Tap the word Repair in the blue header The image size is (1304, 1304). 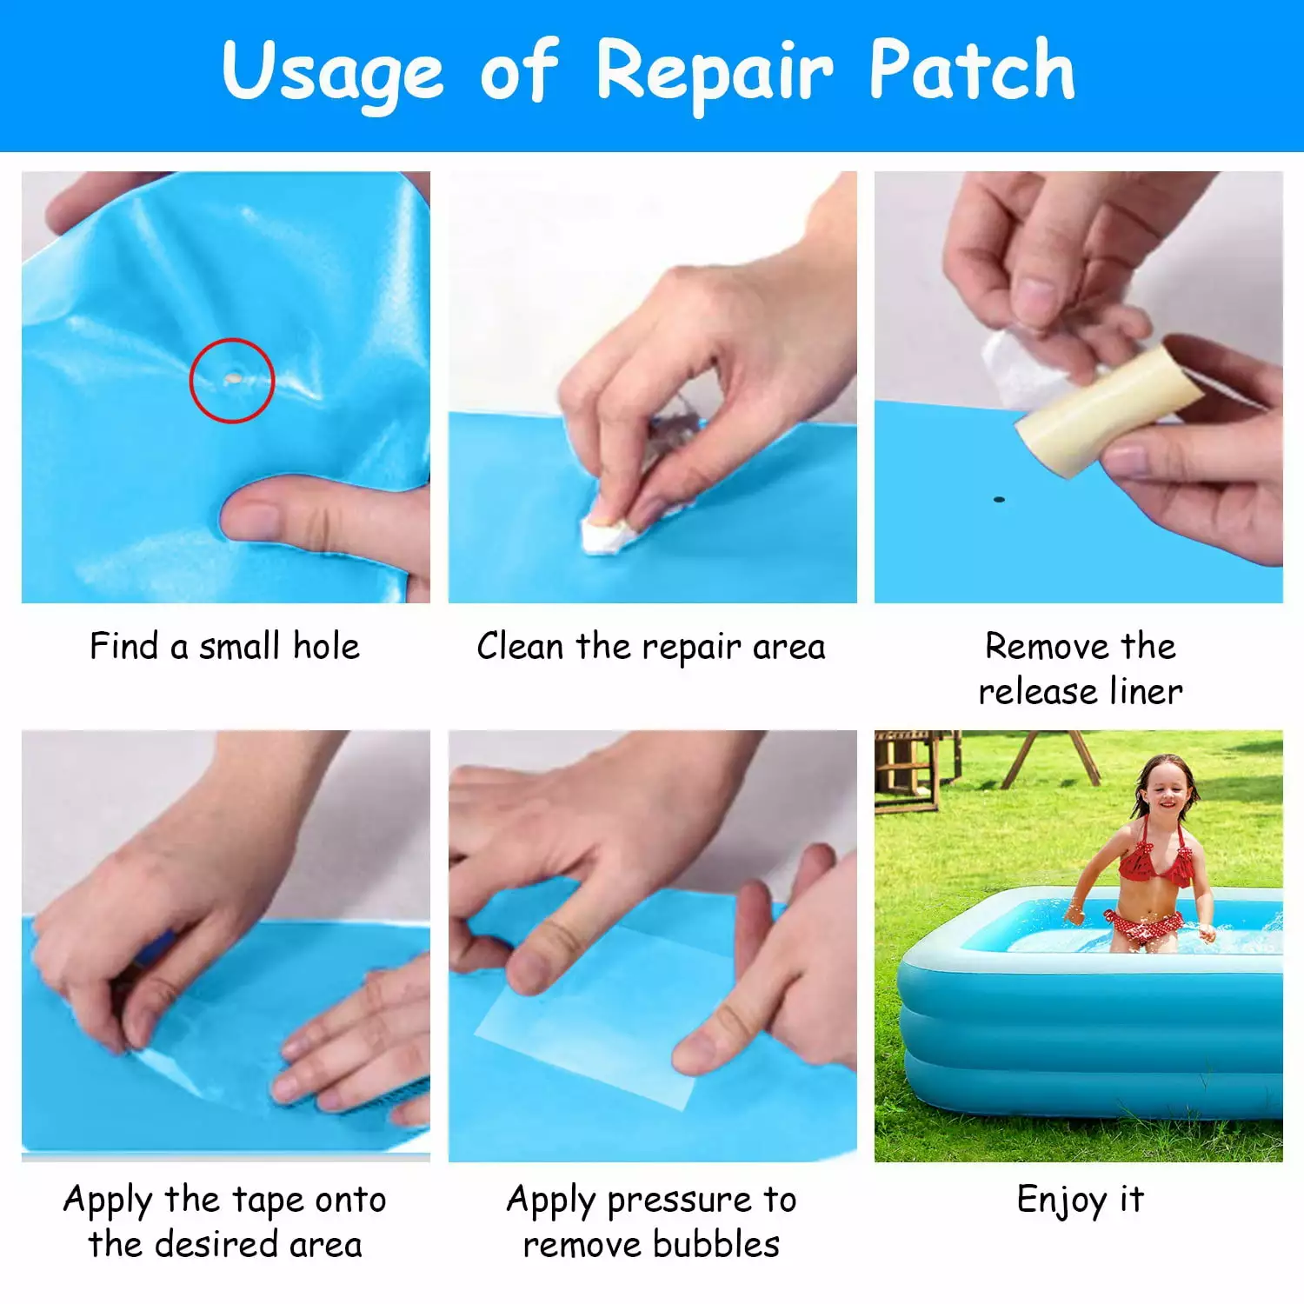[x=714, y=75]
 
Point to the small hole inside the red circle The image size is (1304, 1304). [x=233, y=379]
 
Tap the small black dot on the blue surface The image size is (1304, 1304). [x=999, y=500]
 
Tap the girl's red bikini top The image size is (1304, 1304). [x=1154, y=862]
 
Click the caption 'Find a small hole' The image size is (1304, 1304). [x=224, y=646]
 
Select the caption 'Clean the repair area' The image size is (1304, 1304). [x=651, y=647]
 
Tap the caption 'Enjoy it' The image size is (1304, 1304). [x=1081, y=1200]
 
